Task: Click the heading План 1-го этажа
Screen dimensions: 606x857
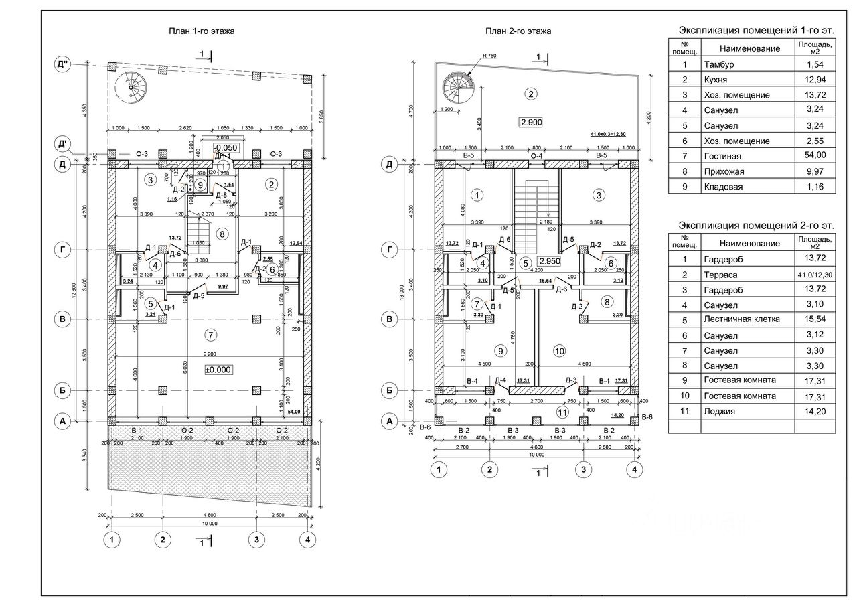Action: [201, 31]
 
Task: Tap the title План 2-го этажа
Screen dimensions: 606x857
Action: [518, 31]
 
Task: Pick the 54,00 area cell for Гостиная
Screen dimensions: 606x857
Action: [813, 156]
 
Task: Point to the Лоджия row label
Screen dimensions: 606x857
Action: [720, 411]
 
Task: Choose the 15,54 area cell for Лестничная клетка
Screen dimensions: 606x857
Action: [813, 319]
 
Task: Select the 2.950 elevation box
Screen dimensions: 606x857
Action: [548, 261]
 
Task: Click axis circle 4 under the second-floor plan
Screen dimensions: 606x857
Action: [633, 469]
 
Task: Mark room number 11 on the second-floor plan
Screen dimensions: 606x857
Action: [562, 411]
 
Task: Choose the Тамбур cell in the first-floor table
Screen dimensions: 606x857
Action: [719, 64]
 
